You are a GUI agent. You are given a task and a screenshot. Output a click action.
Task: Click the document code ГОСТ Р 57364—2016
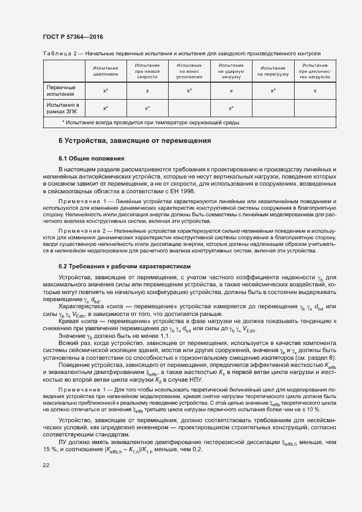(72, 37)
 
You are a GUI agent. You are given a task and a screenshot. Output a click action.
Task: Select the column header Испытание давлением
(105, 71)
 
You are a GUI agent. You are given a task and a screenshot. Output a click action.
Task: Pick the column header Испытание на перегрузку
(273, 71)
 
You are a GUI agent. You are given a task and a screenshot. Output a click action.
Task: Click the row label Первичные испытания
(61, 90)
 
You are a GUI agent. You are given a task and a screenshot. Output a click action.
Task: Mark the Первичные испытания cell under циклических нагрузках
(315, 90)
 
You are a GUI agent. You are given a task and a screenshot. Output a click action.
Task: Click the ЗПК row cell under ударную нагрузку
(231, 108)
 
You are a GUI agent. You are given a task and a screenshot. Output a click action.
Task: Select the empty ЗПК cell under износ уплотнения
(189, 108)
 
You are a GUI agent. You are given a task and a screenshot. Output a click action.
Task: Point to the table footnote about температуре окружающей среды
(151, 122)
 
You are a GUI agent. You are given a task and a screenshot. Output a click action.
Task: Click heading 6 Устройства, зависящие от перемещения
(135, 141)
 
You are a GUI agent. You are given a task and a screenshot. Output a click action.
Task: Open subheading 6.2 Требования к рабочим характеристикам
(125, 266)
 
